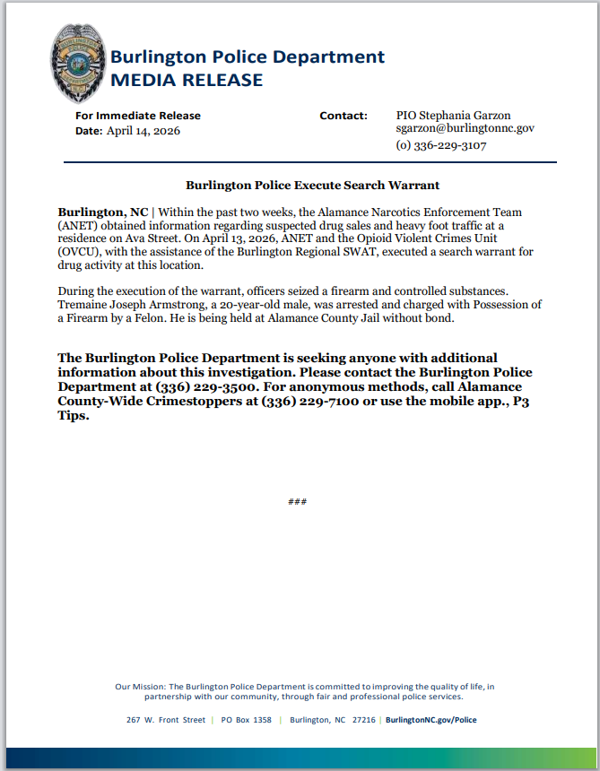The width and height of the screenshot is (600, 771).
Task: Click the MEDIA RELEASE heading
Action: tap(187, 81)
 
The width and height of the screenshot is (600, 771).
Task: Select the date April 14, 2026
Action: tap(143, 131)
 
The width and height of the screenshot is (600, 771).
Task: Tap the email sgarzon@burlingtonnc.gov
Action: tap(465, 129)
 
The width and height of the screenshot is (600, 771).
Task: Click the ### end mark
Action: tap(298, 501)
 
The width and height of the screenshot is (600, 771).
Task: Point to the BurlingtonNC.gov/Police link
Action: tap(430, 720)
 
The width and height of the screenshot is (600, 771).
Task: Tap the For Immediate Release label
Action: tap(138, 116)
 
